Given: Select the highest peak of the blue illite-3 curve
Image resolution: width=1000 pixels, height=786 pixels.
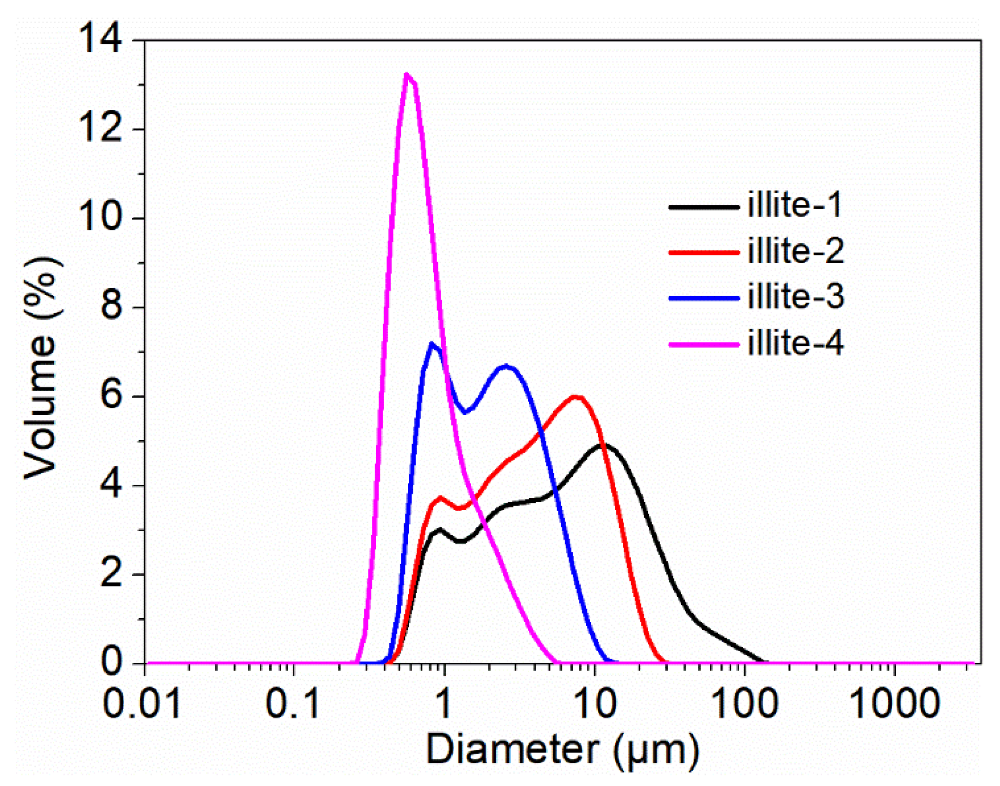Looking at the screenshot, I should [432, 344].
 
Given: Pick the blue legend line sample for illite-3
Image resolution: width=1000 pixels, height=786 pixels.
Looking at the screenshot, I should [703, 298].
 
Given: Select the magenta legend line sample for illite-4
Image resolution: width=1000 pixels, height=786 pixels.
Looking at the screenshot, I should [703, 344].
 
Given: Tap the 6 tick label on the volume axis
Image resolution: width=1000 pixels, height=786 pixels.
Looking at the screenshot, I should [111, 396].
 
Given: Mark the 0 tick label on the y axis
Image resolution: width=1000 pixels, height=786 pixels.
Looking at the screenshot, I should [111, 663].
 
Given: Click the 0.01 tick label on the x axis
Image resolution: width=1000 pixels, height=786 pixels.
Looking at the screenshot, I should [141, 704].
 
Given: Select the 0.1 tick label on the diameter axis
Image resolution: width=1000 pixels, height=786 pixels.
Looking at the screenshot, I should [292, 704].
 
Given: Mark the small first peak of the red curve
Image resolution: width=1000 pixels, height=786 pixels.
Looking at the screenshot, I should [440, 497].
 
